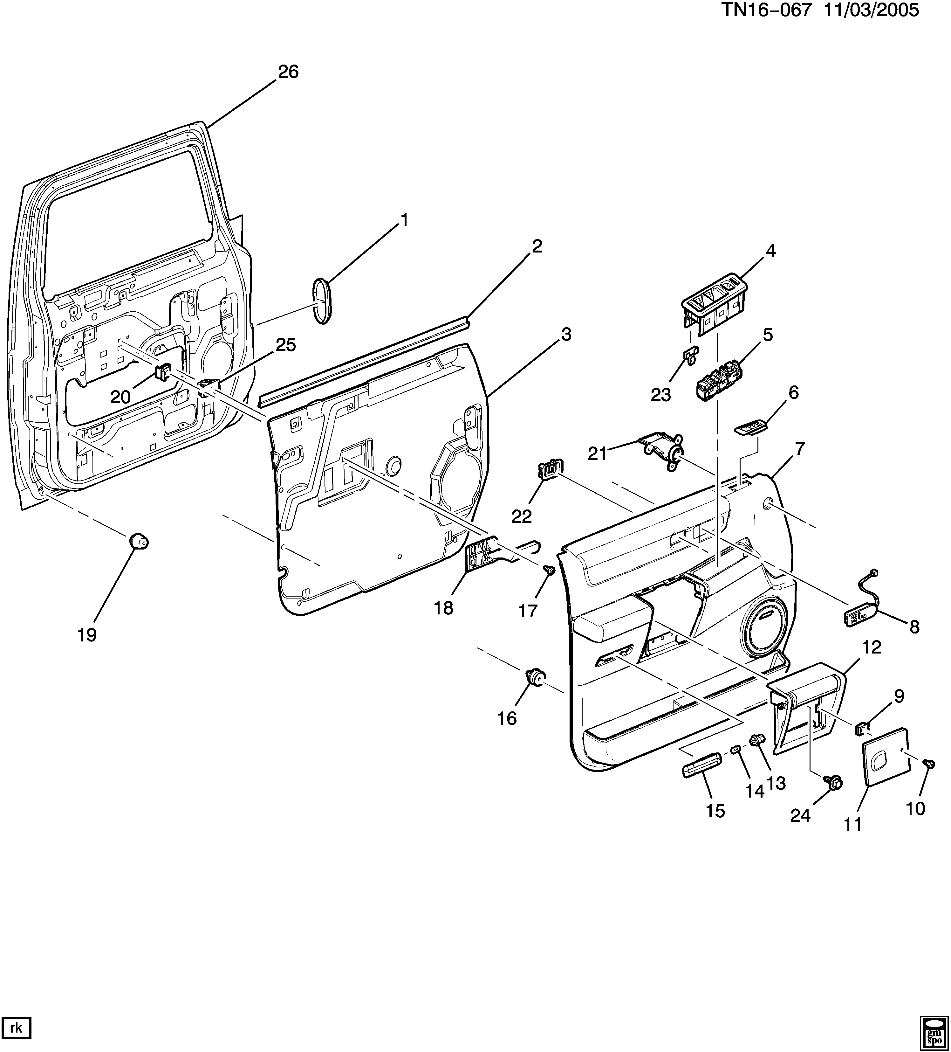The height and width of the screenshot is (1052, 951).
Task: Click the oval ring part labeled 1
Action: pos(322,301)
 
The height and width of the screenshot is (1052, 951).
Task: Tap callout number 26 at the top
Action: pos(288,72)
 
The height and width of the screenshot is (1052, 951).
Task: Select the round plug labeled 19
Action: pos(139,541)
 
